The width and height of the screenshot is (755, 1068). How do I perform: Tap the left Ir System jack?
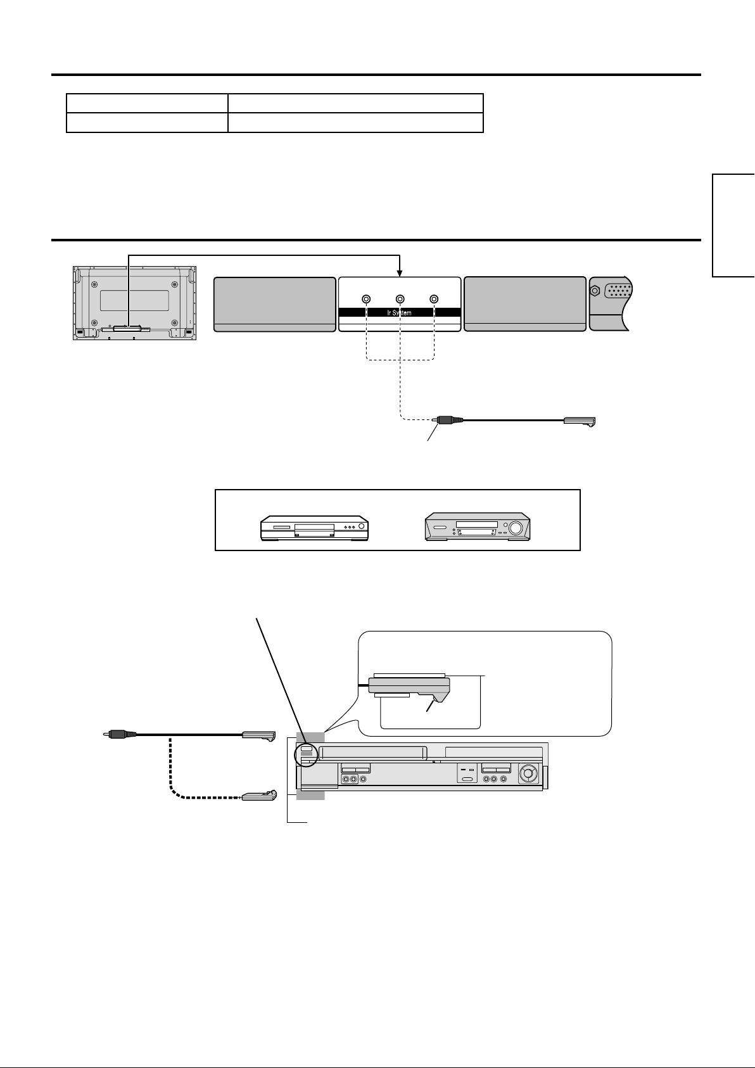366,299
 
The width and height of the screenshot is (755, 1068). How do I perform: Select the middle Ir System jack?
400,299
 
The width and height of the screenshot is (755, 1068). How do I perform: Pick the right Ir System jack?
434,299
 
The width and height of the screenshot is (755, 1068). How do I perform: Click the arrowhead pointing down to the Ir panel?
400,273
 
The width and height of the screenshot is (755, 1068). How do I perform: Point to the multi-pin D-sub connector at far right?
618,292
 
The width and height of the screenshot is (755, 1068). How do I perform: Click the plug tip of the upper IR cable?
436,419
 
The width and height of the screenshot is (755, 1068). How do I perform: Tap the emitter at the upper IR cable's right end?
580,421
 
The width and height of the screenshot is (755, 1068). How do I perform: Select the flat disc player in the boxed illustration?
314,528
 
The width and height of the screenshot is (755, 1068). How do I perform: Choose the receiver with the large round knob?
477,528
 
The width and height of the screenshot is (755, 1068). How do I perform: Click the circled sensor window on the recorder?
307,749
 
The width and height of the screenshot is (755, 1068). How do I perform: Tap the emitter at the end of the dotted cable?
259,796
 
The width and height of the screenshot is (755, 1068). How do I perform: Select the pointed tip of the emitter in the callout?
433,702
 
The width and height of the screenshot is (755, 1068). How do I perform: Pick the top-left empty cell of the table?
147,103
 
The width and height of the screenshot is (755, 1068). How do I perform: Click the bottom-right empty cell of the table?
355,122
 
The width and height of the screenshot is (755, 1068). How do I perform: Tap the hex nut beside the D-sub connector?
595,293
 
